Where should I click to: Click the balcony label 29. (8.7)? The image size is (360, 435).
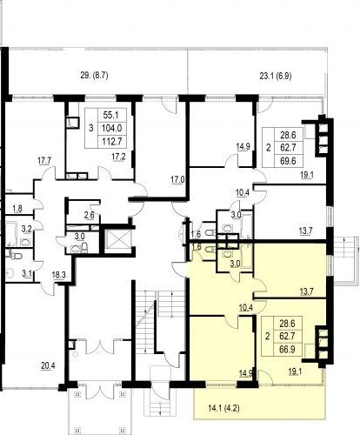coord(94,76)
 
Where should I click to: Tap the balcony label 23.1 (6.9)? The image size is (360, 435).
coord(276,77)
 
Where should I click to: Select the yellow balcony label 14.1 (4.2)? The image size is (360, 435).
coord(223,409)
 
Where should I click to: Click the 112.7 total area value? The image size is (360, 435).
coord(113,142)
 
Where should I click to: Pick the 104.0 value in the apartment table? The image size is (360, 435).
coord(112,128)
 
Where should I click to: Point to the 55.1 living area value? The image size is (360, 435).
coord(111,115)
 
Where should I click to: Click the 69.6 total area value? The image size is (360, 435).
coord(288,161)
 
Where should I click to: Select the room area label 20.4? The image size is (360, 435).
coord(48,366)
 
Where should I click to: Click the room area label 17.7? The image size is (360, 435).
coord(44,160)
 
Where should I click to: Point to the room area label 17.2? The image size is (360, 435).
coord(118,157)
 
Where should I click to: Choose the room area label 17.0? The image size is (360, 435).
coord(177,180)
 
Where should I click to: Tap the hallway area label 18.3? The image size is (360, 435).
coord(58,275)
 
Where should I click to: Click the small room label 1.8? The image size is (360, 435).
coord(17,208)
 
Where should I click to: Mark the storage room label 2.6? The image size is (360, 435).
coord(89,215)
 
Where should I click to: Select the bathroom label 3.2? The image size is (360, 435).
coord(27,229)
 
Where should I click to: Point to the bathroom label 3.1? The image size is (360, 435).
coord(27,273)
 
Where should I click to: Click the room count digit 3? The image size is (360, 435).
coord(91,128)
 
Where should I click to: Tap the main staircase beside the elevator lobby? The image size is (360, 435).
coord(145,322)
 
